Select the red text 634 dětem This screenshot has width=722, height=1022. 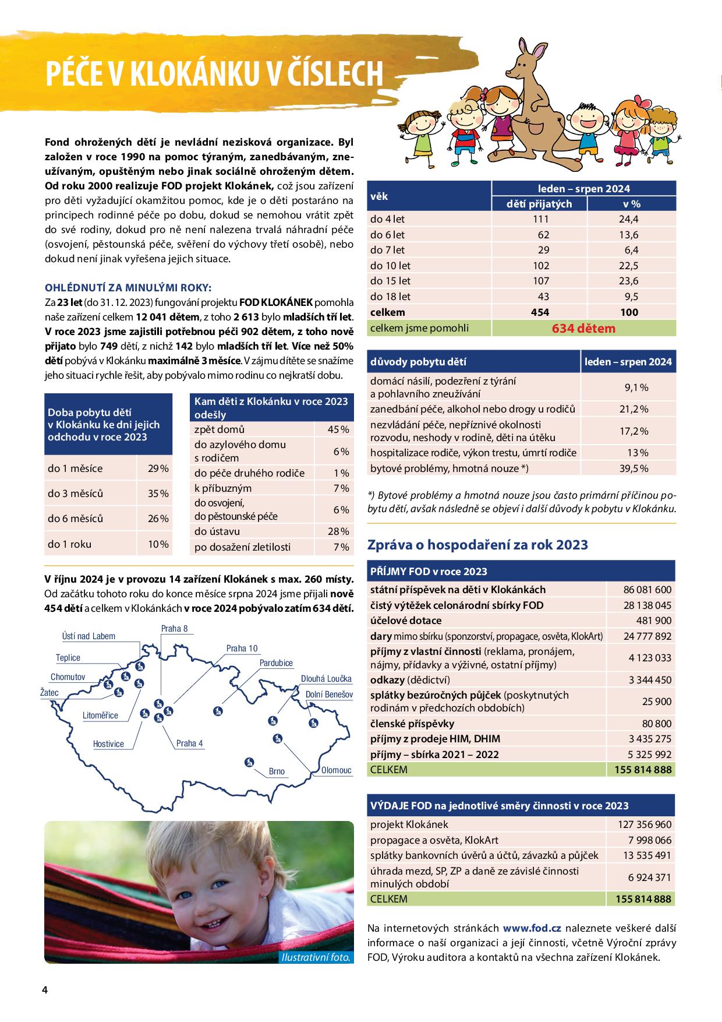583,328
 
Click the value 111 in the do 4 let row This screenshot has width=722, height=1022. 540,219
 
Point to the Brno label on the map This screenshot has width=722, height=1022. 277,771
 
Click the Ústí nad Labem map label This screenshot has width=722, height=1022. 89,636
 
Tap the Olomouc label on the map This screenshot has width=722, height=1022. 336,770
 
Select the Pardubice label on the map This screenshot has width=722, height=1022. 276,663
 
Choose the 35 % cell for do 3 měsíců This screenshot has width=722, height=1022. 157,494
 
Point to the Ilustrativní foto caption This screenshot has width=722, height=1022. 316,957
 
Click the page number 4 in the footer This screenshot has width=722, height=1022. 44,991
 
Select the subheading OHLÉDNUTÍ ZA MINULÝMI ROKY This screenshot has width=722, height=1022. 129,288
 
